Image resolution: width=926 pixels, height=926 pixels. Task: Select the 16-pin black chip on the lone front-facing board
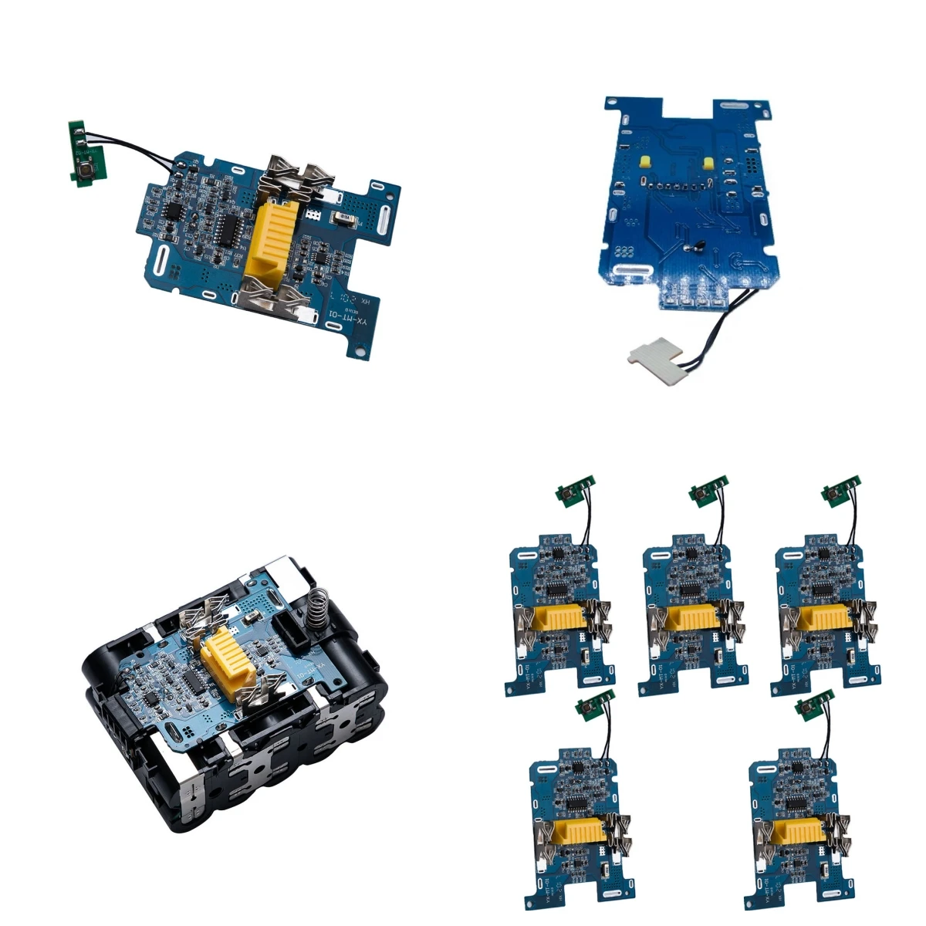click(227, 224)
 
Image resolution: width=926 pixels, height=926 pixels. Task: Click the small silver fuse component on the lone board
click(340, 220)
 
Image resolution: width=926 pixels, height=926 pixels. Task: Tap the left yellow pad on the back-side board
click(643, 160)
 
